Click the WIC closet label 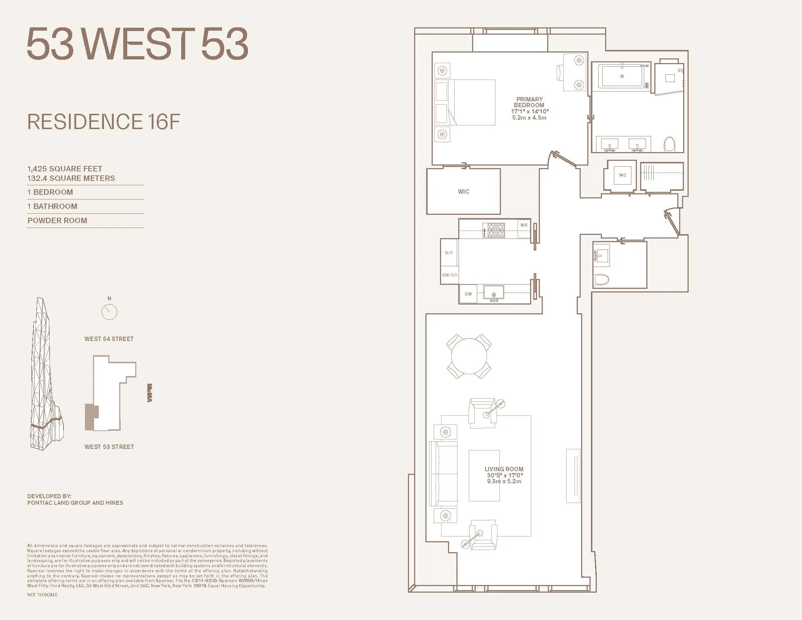(463, 191)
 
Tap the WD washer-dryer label (622, 175)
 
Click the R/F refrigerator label (449, 253)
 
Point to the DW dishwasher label (468, 294)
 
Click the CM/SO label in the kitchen (449, 275)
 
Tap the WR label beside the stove (523, 225)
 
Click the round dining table (469, 356)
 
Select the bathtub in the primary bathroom (622, 76)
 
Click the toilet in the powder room (601, 280)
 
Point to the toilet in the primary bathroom (669, 144)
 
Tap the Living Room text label (504, 469)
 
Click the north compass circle (109, 312)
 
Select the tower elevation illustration (46, 375)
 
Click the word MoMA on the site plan (149, 393)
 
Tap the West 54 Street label (109, 339)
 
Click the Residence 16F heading (104, 122)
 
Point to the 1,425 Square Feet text (65, 168)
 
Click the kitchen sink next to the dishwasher (494, 293)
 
